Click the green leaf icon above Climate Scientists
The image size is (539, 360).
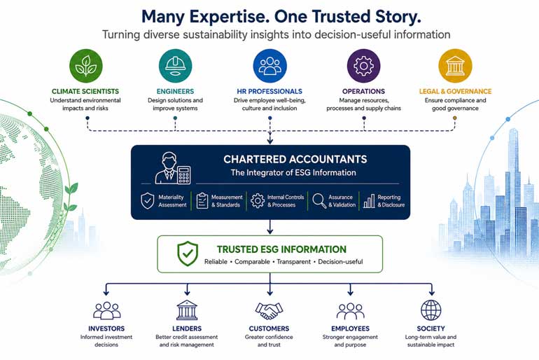(x=85, y=66)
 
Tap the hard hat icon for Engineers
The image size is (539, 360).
(x=175, y=66)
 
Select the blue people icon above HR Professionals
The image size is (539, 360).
(x=269, y=66)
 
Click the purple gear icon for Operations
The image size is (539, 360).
(x=364, y=66)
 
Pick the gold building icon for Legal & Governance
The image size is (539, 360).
(x=455, y=66)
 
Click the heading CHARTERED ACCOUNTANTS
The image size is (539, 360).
(x=295, y=159)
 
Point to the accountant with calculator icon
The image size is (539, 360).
(x=173, y=168)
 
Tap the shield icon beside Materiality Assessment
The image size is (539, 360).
(x=148, y=201)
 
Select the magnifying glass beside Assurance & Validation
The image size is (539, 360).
(x=319, y=201)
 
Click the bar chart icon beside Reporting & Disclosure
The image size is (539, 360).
(x=369, y=201)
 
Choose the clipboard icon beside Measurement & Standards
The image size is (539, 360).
(x=202, y=201)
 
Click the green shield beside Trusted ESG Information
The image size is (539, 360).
(x=188, y=254)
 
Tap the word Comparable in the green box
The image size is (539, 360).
(x=252, y=262)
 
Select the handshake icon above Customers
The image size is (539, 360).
(x=269, y=310)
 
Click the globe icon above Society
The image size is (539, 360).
(x=431, y=310)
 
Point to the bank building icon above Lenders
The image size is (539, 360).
(x=187, y=310)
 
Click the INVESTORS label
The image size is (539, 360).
(x=106, y=328)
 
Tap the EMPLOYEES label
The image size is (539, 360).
(x=350, y=328)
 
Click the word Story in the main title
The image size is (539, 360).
(x=391, y=18)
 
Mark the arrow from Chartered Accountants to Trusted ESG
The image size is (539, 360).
(x=269, y=227)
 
